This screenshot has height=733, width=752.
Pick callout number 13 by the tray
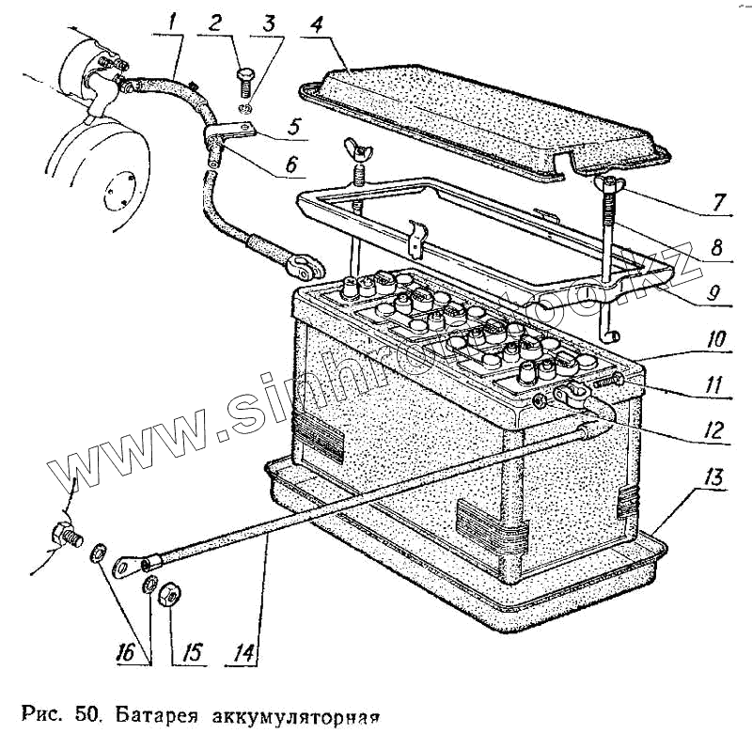pyautogui.click(x=714, y=476)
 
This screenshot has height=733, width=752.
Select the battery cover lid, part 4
pyautogui.click(x=479, y=113)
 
